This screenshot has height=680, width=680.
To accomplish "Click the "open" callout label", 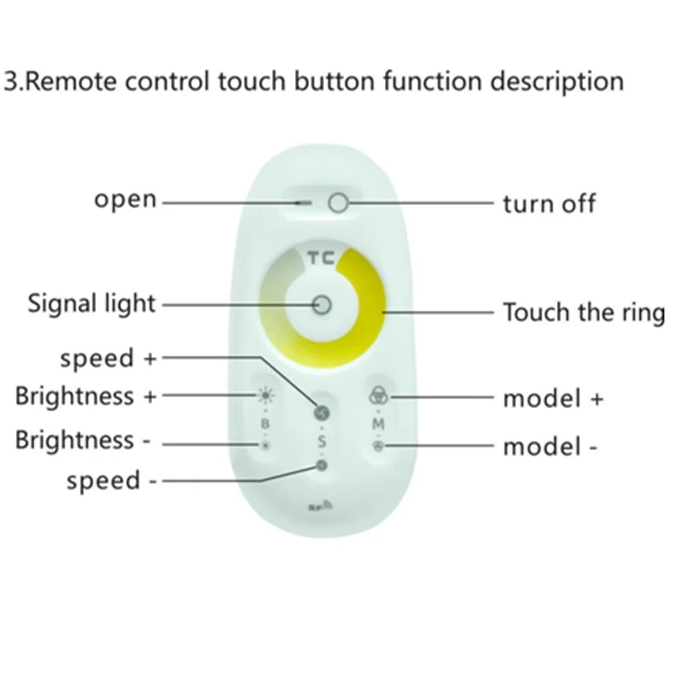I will pos(126,201).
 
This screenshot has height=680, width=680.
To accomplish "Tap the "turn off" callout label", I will pos(548,204).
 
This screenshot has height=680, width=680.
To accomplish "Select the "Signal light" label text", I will pos(92,303).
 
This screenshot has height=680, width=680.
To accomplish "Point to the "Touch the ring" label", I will pos(583,312).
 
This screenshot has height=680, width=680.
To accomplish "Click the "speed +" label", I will pos(109,358).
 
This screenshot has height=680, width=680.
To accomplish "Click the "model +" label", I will pos(553,399).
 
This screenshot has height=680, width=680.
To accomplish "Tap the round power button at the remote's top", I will pos(338,203).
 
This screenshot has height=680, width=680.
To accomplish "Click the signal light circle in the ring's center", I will pos(322,303).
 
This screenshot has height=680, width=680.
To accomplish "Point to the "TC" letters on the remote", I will pos(320,258).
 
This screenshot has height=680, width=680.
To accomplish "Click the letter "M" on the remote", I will pos(378,422).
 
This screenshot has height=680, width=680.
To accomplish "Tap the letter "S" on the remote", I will pos(321,441).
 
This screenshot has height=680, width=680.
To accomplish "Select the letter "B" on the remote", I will pos(264,422).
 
